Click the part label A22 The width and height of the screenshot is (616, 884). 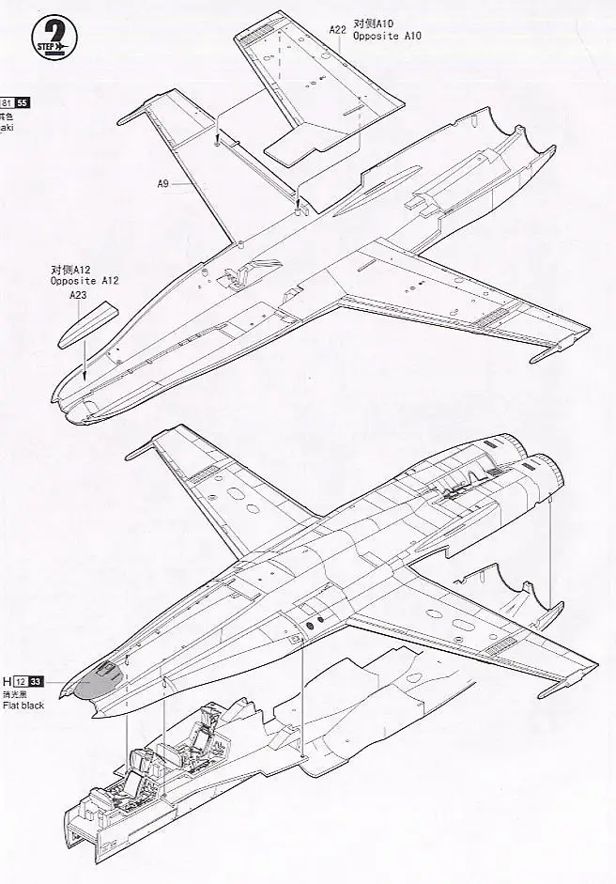pyautogui.click(x=337, y=29)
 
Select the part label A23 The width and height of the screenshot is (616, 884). pyautogui.click(x=78, y=293)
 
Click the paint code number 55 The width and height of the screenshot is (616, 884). pyautogui.click(x=23, y=102)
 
